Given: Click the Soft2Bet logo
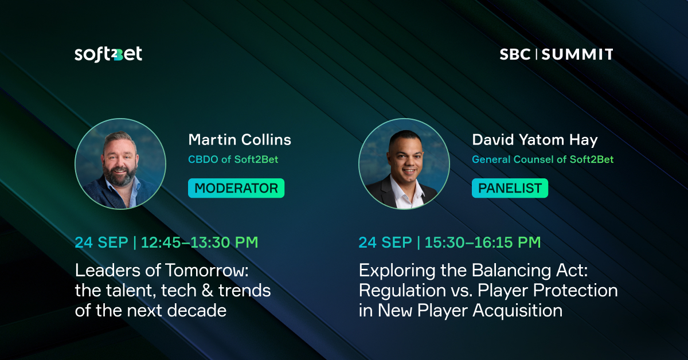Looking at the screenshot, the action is click(108, 54).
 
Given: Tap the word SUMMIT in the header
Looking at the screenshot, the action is click(577, 54).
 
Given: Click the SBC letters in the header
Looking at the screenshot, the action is click(515, 54).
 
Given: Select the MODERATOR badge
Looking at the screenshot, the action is click(236, 188).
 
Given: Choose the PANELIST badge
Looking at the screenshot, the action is click(510, 188).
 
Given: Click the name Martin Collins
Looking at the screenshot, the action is click(240, 140).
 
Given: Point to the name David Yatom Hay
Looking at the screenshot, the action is click(535, 140).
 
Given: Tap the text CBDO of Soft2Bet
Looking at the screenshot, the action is click(233, 159).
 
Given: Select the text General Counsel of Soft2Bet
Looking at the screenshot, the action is click(542, 159).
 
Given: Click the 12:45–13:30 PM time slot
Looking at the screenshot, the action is click(200, 242).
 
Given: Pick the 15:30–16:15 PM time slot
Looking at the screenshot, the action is click(483, 242).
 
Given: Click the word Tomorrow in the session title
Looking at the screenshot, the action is click(207, 271).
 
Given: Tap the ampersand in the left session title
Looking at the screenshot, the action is click(208, 291).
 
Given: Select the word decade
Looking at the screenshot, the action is click(197, 311).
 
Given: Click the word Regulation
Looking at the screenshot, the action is click(402, 291).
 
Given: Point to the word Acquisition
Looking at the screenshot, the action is click(518, 311).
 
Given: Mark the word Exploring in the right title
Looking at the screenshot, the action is click(397, 271).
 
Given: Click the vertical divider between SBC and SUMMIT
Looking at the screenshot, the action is click(536, 54).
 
